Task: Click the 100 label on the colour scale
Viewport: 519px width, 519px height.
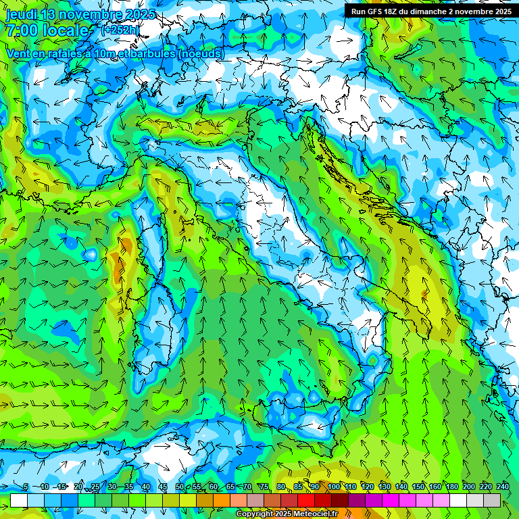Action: [x=333, y=487]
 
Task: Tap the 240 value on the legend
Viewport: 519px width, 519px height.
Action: [x=502, y=487]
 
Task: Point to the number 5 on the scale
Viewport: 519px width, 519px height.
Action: [x=26, y=487]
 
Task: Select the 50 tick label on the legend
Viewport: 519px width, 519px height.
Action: [x=180, y=487]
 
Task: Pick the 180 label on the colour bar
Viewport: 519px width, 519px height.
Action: [x=451, y=487]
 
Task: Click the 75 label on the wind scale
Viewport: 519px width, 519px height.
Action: [x=264, y=487]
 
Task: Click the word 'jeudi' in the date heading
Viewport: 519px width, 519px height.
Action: [x=22, y=14]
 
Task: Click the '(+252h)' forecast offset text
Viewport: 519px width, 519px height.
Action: [x=120, y=30]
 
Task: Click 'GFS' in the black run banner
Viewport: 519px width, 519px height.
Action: [x=378, y=11]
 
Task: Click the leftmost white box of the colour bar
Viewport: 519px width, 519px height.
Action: [x=18, y=501]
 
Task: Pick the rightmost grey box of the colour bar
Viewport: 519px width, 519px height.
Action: [x=492, y=501]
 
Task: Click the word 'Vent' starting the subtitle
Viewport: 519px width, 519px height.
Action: [x=18, y=53]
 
